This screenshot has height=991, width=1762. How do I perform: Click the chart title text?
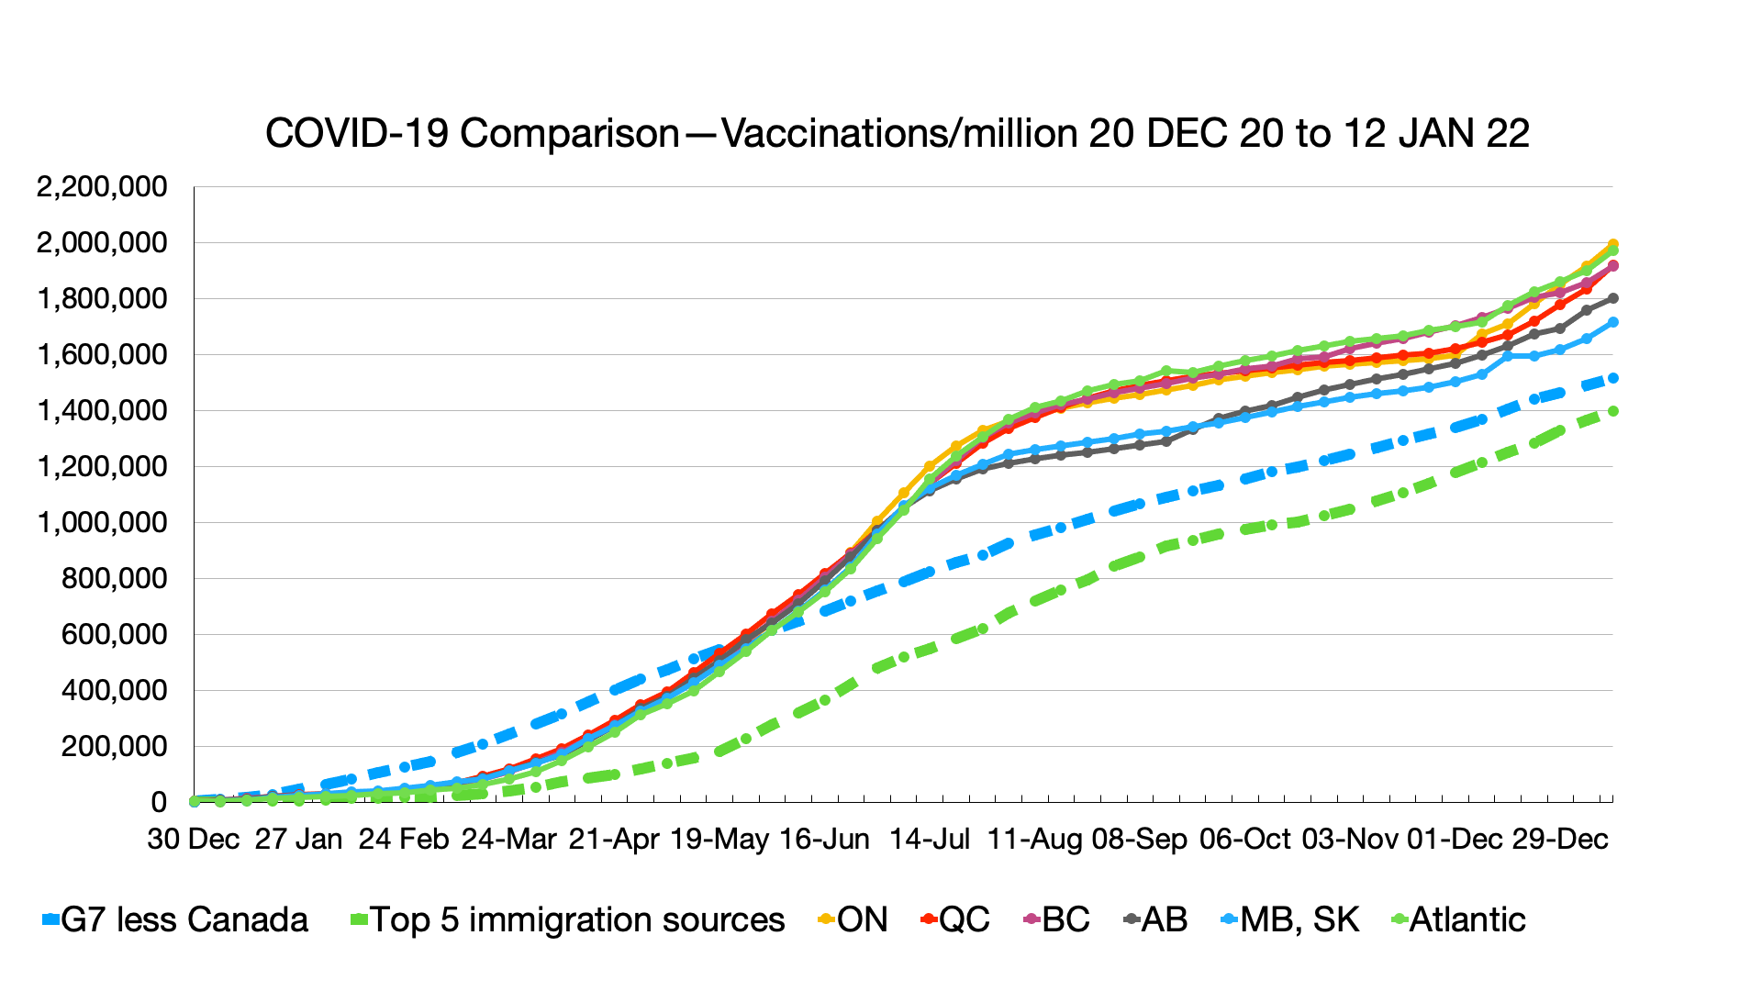[897, 134]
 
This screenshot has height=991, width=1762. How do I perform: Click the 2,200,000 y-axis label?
[102, 187]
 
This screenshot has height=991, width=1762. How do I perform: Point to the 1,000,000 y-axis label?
[102, 523]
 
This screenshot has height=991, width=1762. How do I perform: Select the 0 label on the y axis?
[159, 803]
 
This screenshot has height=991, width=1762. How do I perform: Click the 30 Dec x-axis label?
[194, 840]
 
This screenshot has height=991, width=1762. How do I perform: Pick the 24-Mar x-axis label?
[509, 840]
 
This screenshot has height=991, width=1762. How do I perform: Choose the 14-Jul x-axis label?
[930, 840]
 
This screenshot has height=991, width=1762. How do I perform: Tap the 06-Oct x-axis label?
[1244, 840]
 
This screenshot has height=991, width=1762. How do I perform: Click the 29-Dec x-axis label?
[1560, 840]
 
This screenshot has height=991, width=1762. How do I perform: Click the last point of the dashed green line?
[1612, 412]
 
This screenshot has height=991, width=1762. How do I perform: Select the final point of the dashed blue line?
[1612, 378]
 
